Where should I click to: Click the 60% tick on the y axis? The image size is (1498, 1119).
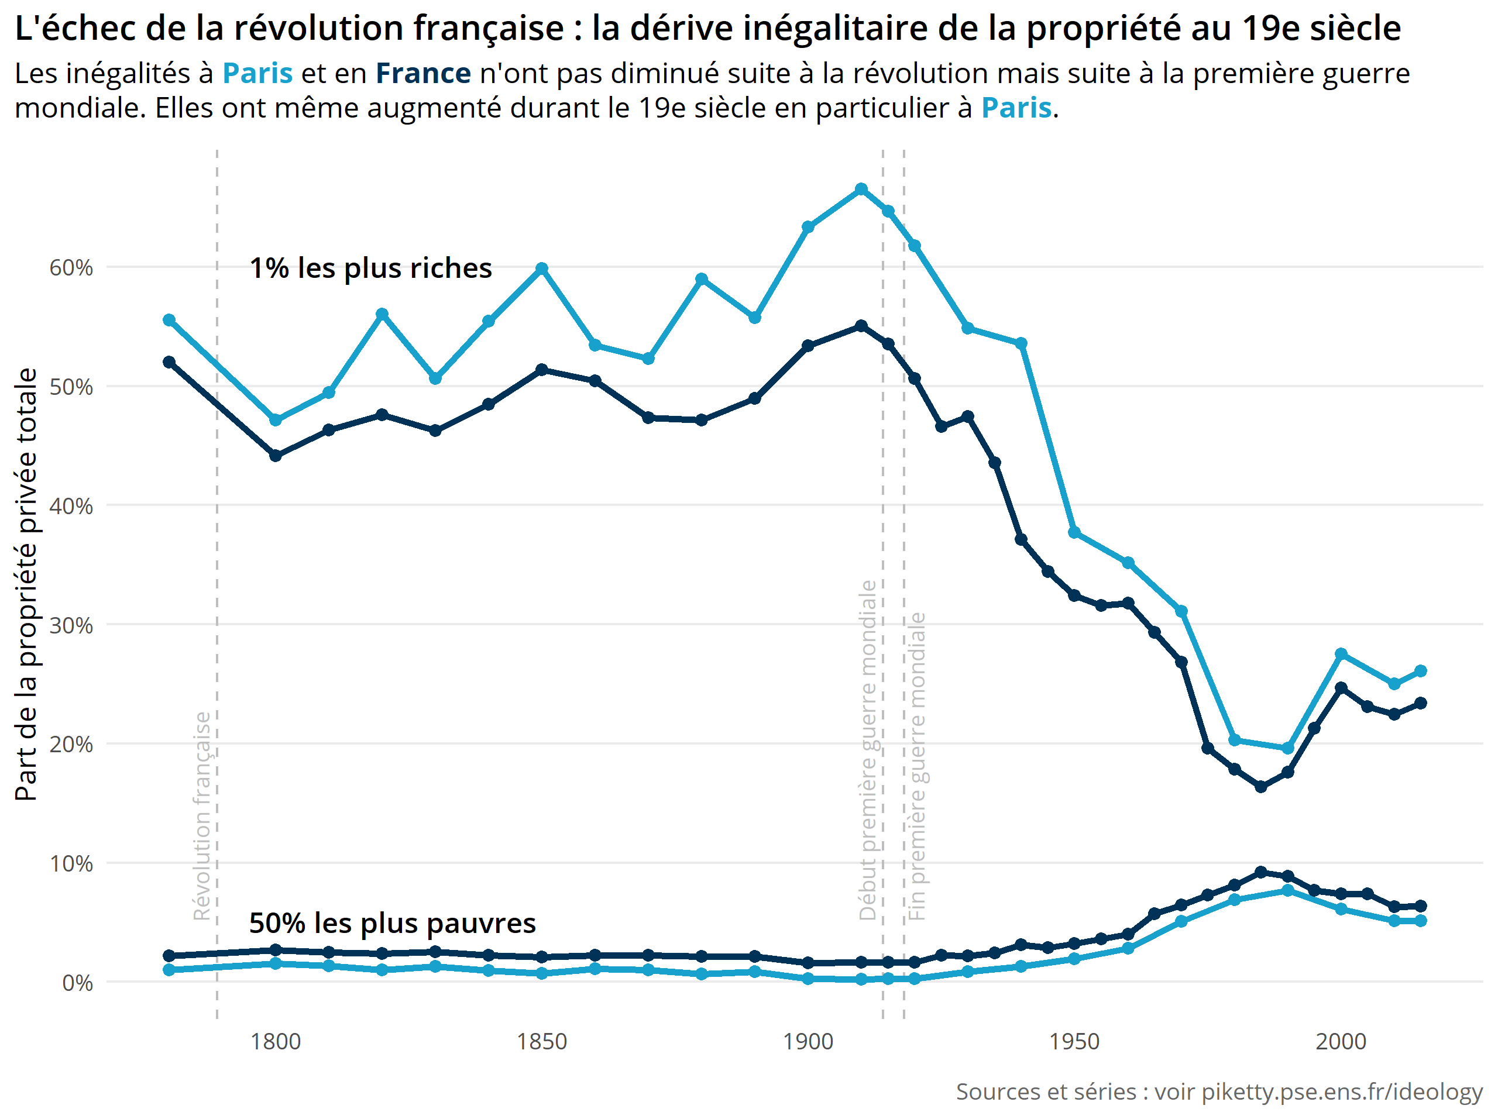[70, 267]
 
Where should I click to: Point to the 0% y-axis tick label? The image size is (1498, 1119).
[77, 982]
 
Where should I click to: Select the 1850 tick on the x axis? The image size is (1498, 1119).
[541, 1041]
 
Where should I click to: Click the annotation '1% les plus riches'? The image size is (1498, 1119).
[370, 268]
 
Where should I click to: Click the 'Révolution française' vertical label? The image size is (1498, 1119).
[202, 816]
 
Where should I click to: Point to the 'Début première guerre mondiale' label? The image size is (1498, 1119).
[868, 750]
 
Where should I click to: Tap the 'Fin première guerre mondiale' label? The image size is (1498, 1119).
[916, 766]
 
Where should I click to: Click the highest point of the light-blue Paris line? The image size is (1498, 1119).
[861, 189]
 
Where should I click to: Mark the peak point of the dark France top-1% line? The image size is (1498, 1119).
[861, 326]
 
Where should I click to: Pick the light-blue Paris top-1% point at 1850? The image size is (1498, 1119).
[541, 268]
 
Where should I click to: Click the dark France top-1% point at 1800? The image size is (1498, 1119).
[275, 456]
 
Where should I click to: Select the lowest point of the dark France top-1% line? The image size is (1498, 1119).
[1260, 787]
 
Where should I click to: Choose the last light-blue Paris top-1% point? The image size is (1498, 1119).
[1420, 671]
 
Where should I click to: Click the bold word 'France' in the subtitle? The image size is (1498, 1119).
[423, 73]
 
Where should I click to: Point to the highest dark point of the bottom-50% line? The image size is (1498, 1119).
[1260, 872]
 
